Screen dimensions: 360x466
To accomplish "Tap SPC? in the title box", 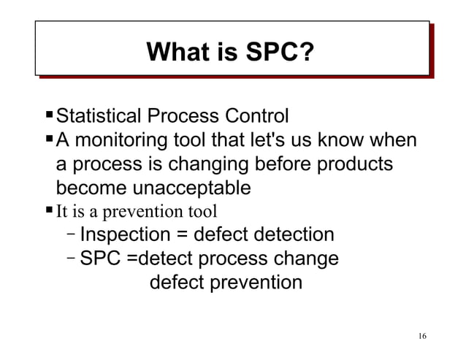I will coord(279,53).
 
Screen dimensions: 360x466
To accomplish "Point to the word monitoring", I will coord(122,139).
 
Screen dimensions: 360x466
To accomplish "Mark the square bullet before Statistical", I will coord(48,115).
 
